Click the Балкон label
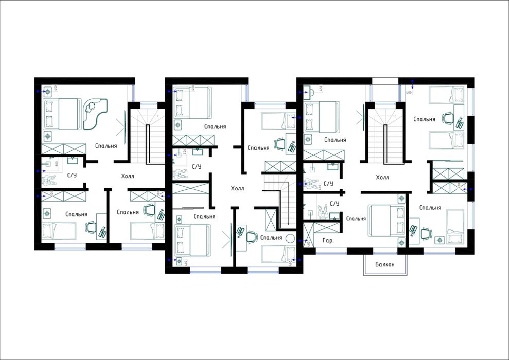tap(384, 264)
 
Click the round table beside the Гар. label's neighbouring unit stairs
tap(290, 239)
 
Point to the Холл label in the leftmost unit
tap(127, 176)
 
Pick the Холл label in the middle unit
tap(237, 189)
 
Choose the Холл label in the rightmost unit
tap(382, 177)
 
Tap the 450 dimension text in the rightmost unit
tap(321, 88)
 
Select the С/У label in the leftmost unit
tap(72, 175)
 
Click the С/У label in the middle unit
tap(196, 167)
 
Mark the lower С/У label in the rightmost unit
tap(334, 204)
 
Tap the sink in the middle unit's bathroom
tap(199, 151)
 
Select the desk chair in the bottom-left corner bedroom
tap(91, 227)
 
